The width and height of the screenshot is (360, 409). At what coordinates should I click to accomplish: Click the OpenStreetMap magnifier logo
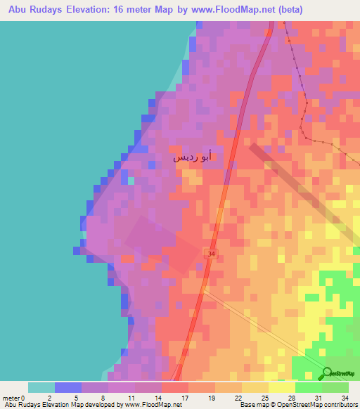(327, 374)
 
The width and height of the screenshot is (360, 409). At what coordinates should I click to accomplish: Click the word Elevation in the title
(91, 10)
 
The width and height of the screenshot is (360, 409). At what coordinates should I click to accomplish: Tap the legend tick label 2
(49, 398)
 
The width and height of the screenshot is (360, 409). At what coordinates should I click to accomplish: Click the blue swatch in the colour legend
(68, 387)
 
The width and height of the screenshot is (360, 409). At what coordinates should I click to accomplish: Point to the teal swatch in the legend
(41, 387)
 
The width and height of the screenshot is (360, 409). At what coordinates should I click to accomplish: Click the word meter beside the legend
(12, 398)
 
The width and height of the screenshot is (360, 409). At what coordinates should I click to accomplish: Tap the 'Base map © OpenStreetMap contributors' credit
(297, 405)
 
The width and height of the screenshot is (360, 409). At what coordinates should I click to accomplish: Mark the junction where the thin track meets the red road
(205, 287)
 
